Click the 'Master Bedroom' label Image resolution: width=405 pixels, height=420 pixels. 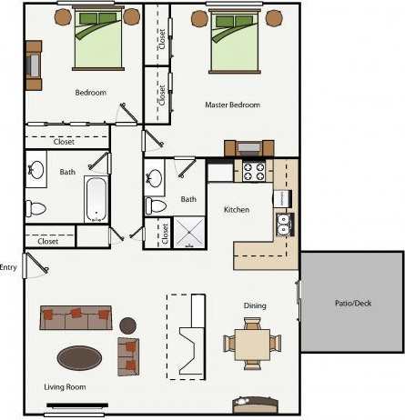233,105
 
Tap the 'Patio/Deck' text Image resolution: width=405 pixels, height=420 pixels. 351,303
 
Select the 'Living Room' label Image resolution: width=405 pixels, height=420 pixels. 65,388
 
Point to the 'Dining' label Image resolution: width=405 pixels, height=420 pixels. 255,305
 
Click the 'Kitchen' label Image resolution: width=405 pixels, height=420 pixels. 237,210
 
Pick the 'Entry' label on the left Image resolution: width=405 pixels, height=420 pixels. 9,266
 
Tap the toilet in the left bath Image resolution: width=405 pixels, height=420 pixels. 35,208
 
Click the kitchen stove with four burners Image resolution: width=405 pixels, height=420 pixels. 251,169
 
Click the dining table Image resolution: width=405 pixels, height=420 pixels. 252,344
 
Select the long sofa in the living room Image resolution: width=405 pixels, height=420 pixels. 76,317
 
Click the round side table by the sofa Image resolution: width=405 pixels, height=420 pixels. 127,325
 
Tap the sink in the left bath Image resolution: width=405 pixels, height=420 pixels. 36,169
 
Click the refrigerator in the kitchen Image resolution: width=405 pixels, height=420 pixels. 219,171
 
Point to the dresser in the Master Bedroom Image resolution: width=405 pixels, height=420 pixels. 249,146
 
